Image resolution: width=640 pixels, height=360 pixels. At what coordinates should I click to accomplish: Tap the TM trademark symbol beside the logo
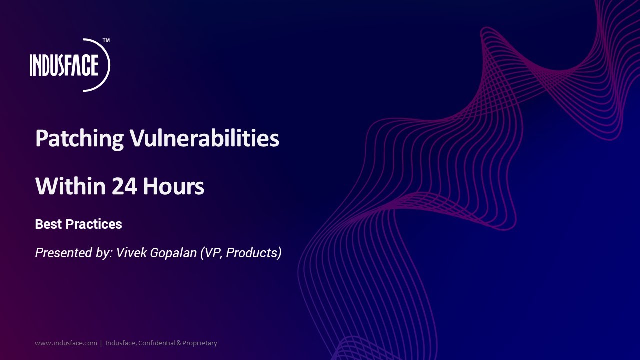pyautogui.click(x=106, y=40)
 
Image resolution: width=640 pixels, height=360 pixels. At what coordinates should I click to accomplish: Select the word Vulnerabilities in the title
pyautogui.click(x=204, y=138)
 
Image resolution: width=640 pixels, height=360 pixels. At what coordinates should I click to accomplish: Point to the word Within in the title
pyautogui.click(x=70, y=186)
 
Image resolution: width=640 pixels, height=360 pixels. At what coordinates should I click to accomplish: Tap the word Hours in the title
pyautogui.click(x=174, y=186)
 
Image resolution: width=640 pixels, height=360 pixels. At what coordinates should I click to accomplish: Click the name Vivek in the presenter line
pyautogui.click(x=132, y=253)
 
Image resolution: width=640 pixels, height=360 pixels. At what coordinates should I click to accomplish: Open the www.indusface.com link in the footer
pyautogui.click(x=66, y=343)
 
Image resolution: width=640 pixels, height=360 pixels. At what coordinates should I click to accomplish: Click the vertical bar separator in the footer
pyautogui.click(x=101, y=343)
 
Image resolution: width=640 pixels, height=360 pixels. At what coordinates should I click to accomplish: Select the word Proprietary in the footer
pyautogui.click(x=200, y=343)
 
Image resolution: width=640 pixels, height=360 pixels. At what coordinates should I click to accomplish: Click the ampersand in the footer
pyautogui.click(x=179, y=343)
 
